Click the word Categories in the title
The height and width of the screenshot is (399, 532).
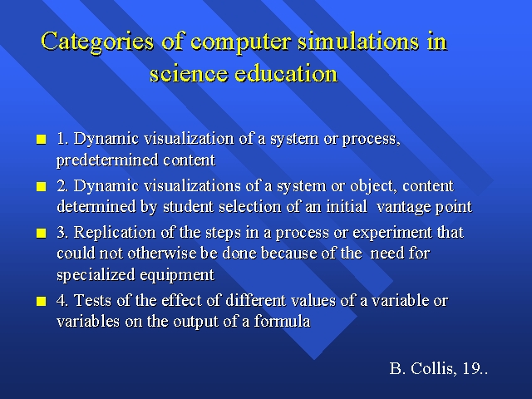point(97,42)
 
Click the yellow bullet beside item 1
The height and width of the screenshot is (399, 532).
point(41,140)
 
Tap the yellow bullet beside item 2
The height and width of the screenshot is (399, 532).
point(41,186)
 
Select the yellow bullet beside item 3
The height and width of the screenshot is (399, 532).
point(41,233)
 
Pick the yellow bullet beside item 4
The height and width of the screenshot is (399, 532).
point(41,301)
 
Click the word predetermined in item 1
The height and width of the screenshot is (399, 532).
point(107,160)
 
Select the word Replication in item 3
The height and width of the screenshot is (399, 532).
point(115,233)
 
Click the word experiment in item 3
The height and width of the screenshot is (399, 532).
point(392,234)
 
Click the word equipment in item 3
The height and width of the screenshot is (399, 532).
point(177,275)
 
